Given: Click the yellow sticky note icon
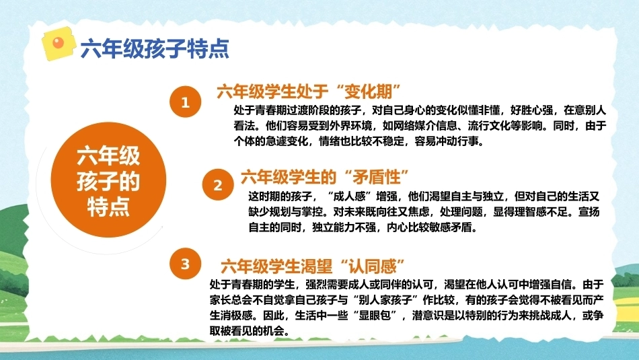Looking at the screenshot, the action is click(x=59, y=44).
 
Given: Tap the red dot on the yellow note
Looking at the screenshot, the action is click(x=59, y=42).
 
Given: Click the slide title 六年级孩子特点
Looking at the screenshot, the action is click(x=155, y=49).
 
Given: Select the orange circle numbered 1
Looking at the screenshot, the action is click(x=186, y=102).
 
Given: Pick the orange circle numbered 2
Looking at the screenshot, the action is click(x=218, y=184).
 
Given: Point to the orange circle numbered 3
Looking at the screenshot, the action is click(x=186, y=264).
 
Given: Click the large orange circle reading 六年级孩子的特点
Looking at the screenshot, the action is click(x=108, y=180).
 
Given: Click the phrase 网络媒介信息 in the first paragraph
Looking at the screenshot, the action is click(x=426, y=126).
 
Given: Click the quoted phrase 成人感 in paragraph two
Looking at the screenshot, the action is click(x=350, y=196).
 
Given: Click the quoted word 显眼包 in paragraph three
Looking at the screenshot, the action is click(x=375, y=316).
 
